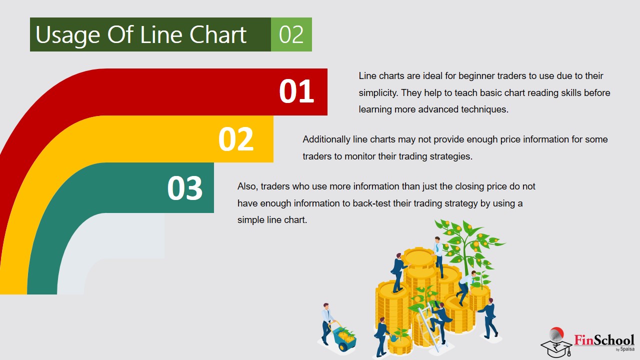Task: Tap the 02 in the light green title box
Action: (291, 34)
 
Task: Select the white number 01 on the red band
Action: (296, 91)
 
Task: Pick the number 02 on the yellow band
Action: (236, 139)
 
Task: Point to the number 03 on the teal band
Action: (185, 187)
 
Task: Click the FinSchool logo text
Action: (604, 340)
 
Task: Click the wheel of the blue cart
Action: (343, 347)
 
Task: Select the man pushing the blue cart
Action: (327, 323)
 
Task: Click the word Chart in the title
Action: (218, 34)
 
